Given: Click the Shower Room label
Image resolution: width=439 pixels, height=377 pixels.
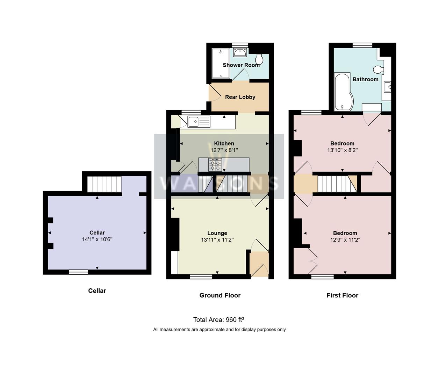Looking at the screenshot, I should click(241, 65).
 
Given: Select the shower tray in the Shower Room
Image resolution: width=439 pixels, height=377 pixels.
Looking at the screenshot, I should click(221, 63).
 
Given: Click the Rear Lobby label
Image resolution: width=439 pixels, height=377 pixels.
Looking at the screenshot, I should click(240, 97).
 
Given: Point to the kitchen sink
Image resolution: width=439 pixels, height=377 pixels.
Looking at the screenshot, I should click(199, 122).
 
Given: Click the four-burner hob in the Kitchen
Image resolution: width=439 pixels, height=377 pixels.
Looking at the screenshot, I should click(215, 165).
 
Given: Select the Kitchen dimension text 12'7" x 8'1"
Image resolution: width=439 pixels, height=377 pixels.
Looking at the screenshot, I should click(224, 150).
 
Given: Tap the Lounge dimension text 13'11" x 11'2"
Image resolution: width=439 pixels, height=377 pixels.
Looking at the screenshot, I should click(217, 240).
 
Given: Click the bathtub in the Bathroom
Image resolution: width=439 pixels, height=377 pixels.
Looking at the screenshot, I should click(342, 91).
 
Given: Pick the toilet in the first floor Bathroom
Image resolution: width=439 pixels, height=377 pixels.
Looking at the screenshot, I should click(377, 70).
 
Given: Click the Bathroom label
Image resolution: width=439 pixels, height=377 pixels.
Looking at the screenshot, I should click(365, 79).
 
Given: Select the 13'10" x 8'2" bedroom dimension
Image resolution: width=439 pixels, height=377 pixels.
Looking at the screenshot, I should click(342, 150).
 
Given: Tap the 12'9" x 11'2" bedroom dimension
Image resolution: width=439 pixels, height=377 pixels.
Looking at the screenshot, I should click(345, 240).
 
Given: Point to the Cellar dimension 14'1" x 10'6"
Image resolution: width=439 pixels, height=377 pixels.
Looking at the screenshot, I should click(97, 239).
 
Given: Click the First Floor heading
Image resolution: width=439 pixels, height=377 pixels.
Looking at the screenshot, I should click(342, 295).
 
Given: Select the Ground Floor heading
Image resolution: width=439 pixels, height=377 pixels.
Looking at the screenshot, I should click(220, 295).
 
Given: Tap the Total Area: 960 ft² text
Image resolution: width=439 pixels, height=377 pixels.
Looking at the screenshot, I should click(218, 319).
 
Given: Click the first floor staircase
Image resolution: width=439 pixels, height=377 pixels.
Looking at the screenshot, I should click(334, 184).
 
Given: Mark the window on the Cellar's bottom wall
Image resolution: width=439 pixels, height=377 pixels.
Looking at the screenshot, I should click(78, 272).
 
